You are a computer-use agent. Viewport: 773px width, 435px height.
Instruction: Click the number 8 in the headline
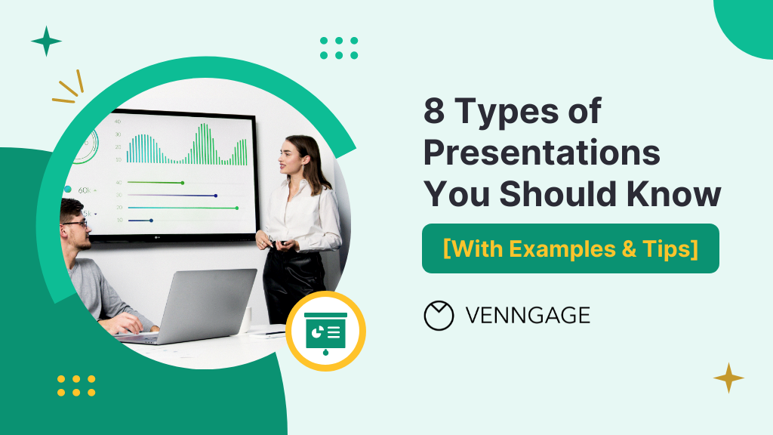[434, 110]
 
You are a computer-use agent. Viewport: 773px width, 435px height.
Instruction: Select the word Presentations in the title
[542, 153]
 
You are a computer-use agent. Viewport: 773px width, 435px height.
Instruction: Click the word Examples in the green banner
[562, 248]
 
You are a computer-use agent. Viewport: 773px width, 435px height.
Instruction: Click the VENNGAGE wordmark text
[528, 316]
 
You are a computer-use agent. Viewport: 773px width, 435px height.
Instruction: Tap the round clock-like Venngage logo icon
[439, 316]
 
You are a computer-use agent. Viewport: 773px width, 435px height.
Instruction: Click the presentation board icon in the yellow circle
[325, 332]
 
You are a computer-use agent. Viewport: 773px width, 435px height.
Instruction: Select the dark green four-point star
[46, 41]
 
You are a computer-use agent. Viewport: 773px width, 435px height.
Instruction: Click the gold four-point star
[728, 378]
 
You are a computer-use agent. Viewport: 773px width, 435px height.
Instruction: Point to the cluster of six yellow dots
[76, 386]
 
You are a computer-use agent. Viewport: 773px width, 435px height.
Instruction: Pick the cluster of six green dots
[339, 48]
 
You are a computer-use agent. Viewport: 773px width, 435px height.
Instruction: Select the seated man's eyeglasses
[75, 224]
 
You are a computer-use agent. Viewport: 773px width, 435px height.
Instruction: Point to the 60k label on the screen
[84, 190]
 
